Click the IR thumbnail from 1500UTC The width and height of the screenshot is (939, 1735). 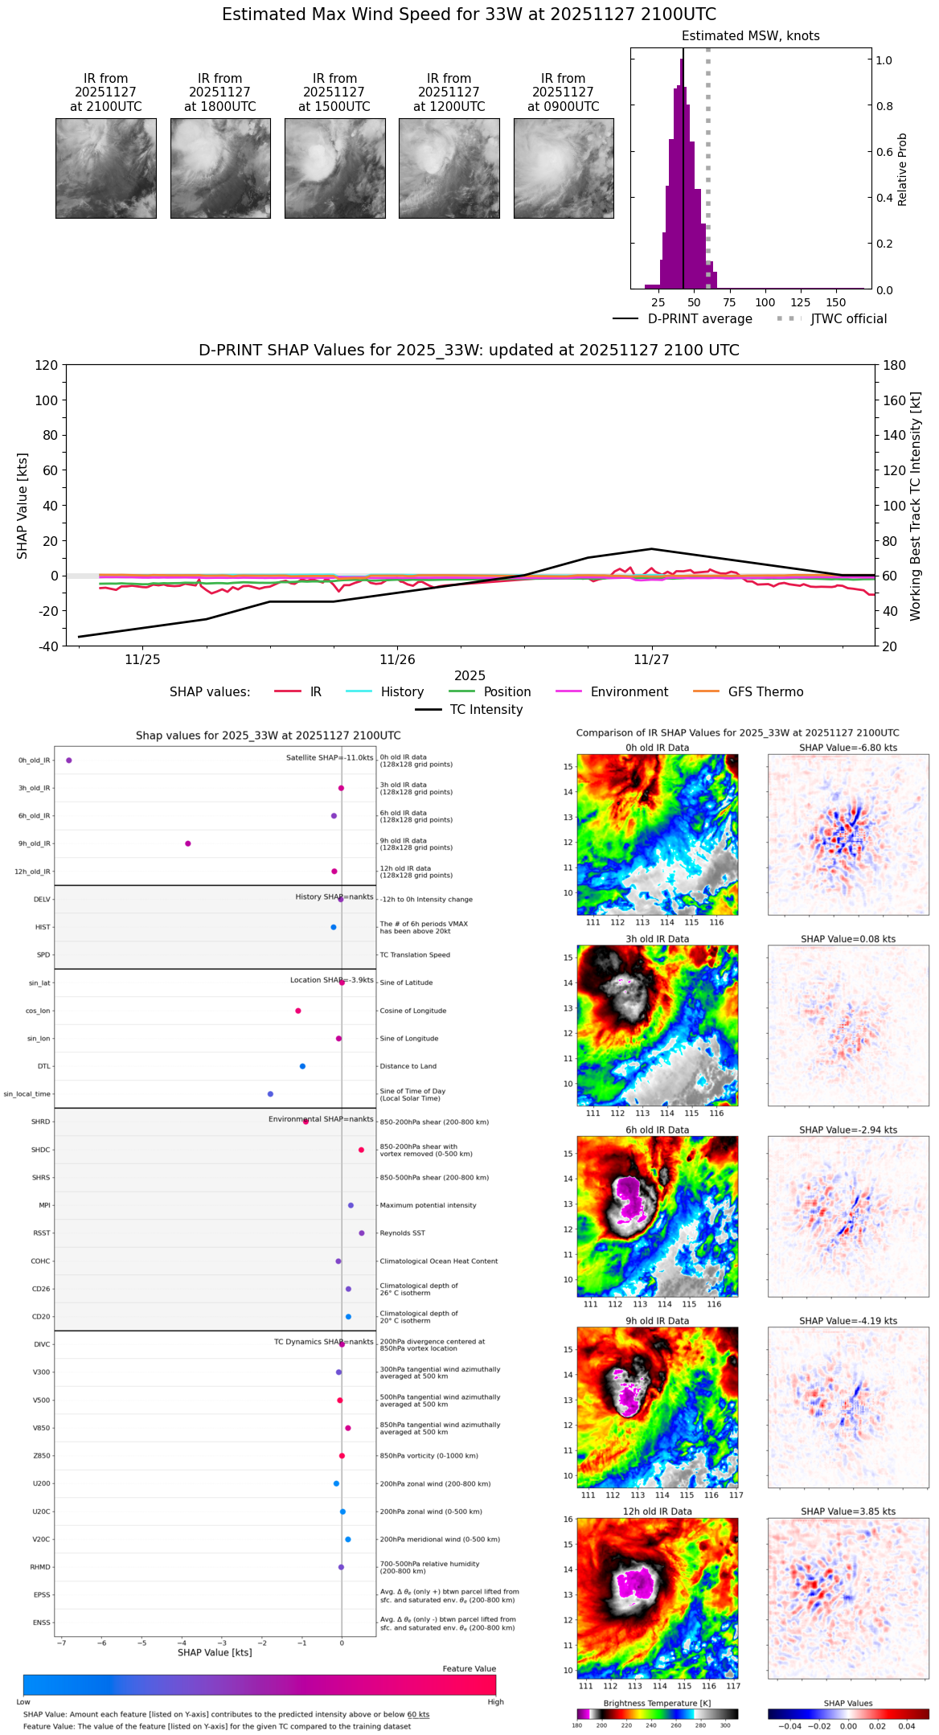click(x=334, y=168)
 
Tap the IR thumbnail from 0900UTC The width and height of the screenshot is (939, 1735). click(x=564, y=168)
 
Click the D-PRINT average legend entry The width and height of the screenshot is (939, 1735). click(x=699, y=319)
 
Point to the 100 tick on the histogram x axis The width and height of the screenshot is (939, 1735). click(x=765, y=302)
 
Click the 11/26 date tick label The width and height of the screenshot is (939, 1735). click(x=397, y=660)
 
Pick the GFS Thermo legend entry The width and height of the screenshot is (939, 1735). click(x=765, y=692)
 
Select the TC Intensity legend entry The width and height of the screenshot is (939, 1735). click(x=486, y=710)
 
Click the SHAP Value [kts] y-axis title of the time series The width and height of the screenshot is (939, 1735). click(x=23, y=506)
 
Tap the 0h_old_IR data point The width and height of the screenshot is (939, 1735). click(x=69, y=760)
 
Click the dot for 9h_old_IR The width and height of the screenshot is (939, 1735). click(x=188, y=843)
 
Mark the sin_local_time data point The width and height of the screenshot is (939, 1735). click(x=270, y=1093)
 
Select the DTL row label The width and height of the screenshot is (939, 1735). click(x=43, y=1066)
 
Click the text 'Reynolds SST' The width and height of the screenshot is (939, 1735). click(x=402, y=1233)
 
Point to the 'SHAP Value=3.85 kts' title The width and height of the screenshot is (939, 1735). click(x=847, y=1511)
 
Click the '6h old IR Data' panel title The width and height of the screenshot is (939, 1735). click(x=657, y=1130)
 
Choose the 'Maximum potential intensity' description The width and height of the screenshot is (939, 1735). click(x=428, y=1205)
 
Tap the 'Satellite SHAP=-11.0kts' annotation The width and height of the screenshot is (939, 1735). click(x=330, y=757)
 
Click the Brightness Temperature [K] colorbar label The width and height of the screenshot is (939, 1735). click(x=657, y=1703)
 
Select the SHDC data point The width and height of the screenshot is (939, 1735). click(x=361, y=1150)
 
